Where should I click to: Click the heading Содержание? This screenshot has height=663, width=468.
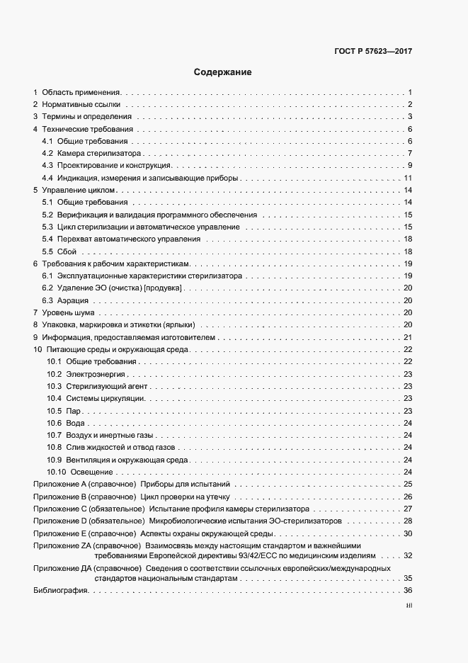[x=222, y=72]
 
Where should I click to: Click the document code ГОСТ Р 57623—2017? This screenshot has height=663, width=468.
[x=372, y=52]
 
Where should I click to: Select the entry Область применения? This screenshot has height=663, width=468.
[x=81, y=92]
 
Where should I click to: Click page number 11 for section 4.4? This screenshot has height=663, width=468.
[x=408, y=178]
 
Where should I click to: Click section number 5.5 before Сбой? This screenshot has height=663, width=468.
[x=47, y=251]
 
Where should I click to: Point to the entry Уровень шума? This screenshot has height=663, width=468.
[x=68, y=312]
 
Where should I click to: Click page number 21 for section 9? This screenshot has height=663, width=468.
[x=408, y=337]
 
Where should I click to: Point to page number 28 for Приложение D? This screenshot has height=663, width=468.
[x=408, y=521]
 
